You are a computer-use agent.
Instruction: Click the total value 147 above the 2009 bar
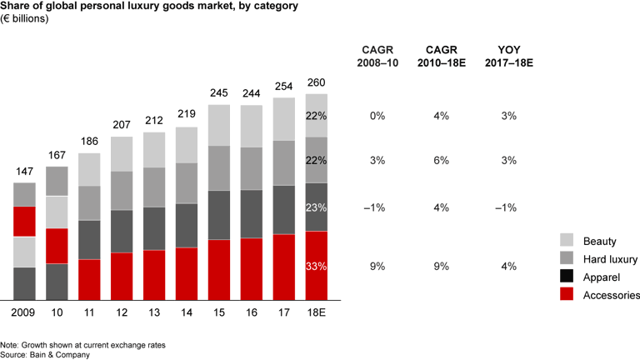coord(24,172)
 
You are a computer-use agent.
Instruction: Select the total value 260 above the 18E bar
coord(316,82)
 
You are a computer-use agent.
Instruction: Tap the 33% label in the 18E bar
coord(316,267)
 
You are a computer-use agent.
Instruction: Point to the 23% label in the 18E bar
coord(316,207)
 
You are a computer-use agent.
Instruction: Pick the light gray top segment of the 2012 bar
coord(122,153)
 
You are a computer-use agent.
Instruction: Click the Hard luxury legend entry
coord(609,260)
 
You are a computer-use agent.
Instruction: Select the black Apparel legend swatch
coord(567,277)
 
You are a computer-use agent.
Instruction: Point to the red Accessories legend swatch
coord(567,294)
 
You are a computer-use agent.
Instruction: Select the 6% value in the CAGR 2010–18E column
coord(442,159)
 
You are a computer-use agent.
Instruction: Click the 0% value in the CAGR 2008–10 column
coord(377,116)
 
